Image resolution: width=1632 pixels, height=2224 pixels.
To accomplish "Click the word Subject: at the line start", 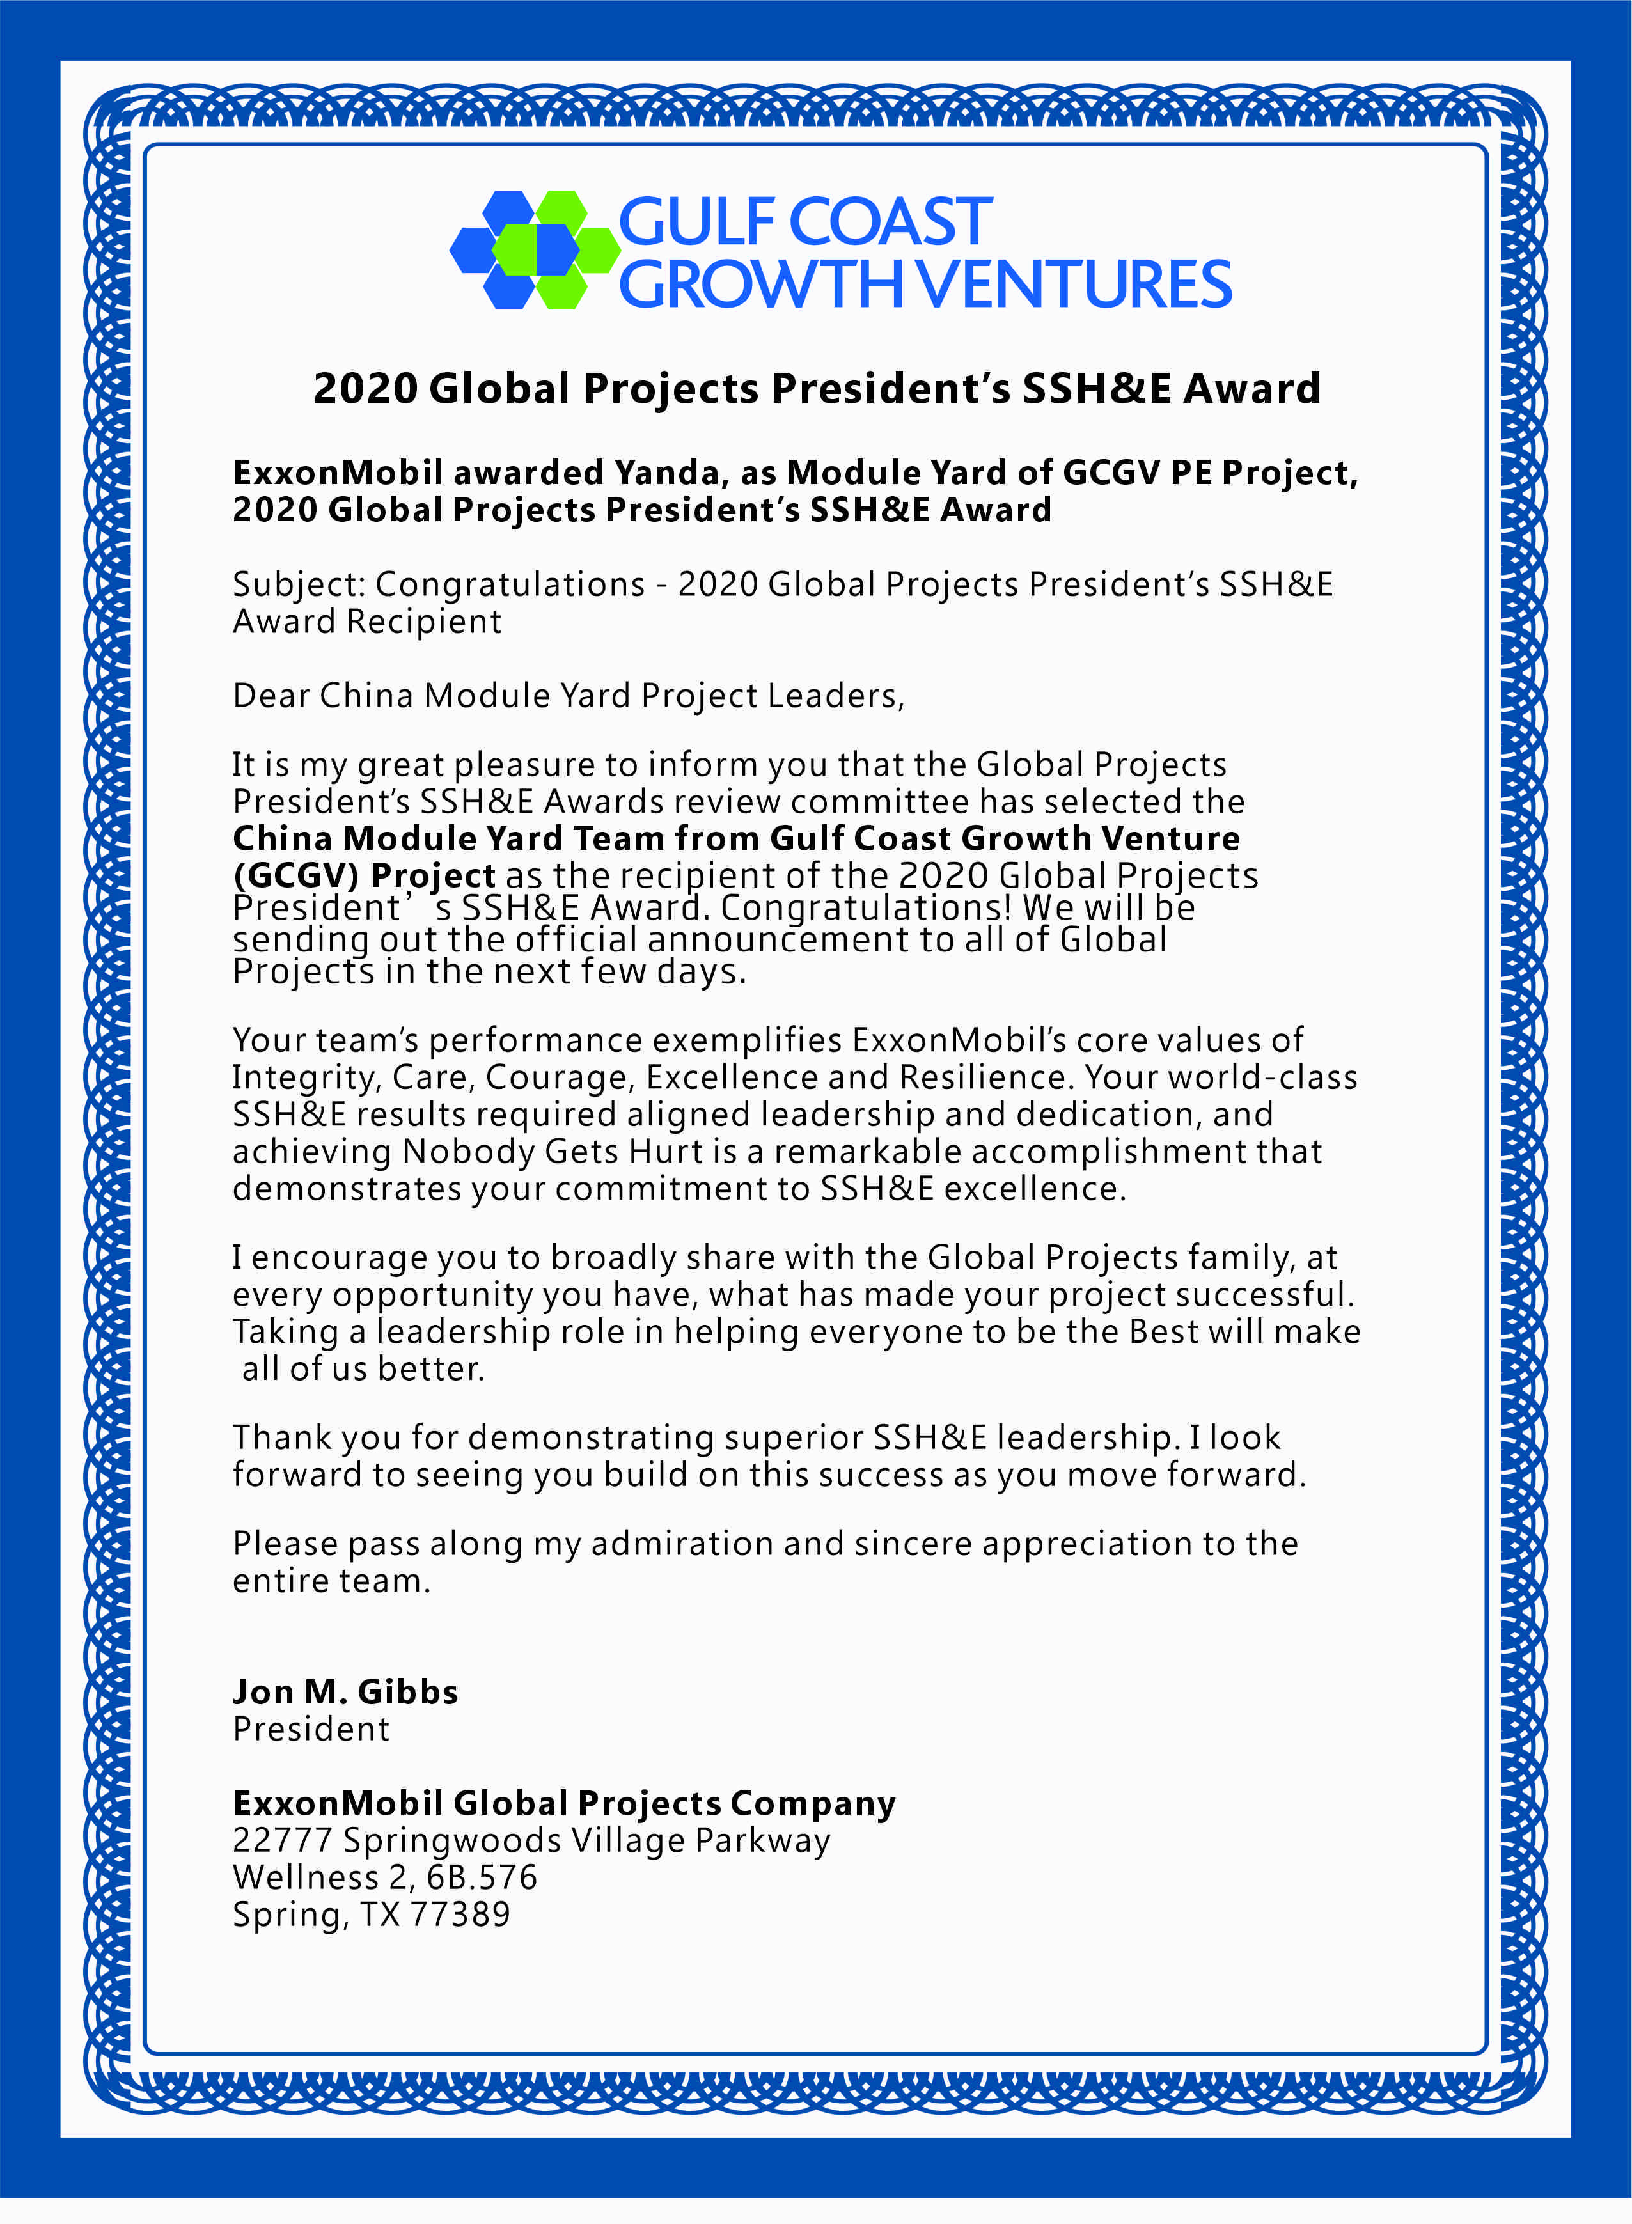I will coord(299,584).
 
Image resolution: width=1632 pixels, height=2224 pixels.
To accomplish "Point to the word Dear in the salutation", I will coord(271,696).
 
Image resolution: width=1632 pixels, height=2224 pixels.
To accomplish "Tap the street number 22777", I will coord(281,1841).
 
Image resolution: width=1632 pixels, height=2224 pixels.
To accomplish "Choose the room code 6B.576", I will coord(482,1877).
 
